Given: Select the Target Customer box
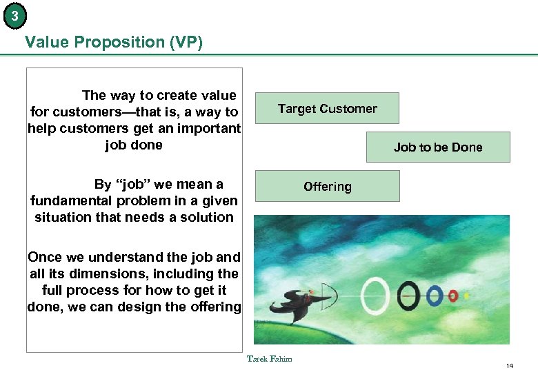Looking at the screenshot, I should click(x=327, y=108).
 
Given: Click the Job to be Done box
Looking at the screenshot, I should click(x=438, y=147).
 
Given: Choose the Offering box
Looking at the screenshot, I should click(x=327, y=187).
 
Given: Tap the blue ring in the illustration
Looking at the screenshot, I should click(x=434, y=296).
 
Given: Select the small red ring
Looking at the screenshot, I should click(x=453, y=296).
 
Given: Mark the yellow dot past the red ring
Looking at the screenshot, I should click(x=467, y=296).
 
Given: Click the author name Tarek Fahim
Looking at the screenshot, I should click(x=269, y=358).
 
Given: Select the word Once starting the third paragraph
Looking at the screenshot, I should click(x=45, y=257).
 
